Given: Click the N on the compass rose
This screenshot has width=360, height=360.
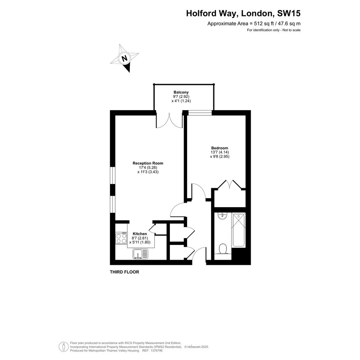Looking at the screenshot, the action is click(125, 58).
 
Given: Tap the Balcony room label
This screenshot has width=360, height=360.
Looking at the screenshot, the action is click(181, 92).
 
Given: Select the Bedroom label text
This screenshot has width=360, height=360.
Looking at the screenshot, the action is click(220, 148).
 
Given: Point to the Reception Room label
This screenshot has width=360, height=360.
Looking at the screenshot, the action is click(148, 163).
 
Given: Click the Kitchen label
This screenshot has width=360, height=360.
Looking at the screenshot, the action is click(140, 234).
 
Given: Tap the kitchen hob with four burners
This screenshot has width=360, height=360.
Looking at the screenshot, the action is click(121, 238).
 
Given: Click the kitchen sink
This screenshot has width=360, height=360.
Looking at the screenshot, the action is click(140, 254).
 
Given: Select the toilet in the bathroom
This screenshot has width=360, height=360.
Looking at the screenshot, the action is click(223, 249).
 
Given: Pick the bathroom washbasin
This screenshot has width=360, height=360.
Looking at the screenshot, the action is click(222, 216).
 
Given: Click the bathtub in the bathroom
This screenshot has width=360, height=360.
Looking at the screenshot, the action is click(238, 230).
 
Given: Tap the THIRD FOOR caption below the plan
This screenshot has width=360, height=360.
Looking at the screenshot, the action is click(125, 272).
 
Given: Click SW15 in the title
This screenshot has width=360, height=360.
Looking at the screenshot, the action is click(289, 13).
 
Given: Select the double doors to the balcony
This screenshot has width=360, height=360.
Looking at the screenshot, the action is click(169, 120).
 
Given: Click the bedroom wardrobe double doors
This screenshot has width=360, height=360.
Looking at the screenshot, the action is click(229, 185).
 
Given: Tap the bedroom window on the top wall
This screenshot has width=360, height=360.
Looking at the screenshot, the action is click(200, 112).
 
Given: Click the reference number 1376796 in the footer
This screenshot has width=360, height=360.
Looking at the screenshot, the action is click(156, 350).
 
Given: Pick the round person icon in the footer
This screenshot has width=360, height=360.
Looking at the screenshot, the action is click(64, 347).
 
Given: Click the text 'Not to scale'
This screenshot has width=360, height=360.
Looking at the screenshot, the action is click(291, 30).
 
